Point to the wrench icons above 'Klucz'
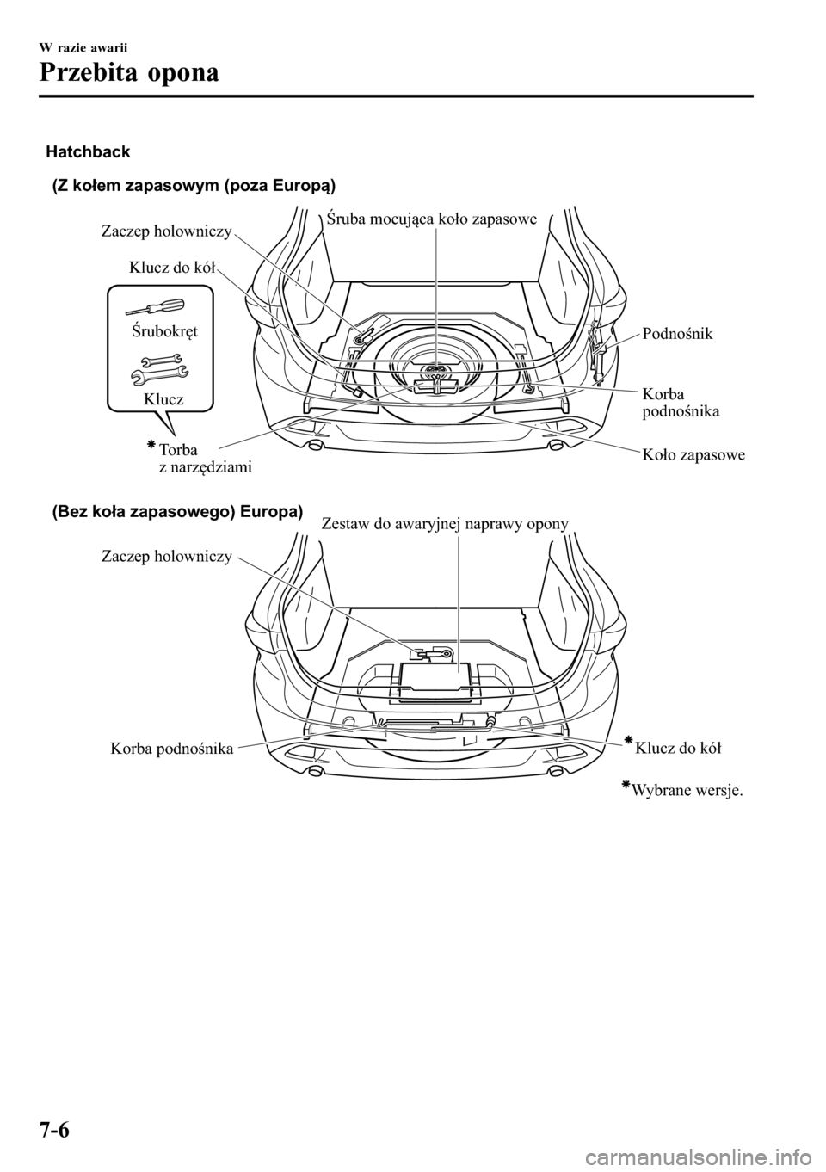coord(158,368)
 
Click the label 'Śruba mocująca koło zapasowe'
coord(433,219)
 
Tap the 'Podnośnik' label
coord(677,333)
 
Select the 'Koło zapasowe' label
coord(693,454)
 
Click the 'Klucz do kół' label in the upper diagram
coord(172,268)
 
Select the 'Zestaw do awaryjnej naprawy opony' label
coord(444,523)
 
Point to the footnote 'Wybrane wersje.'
coord(686,792)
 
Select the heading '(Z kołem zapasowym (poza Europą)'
coord(194,185)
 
